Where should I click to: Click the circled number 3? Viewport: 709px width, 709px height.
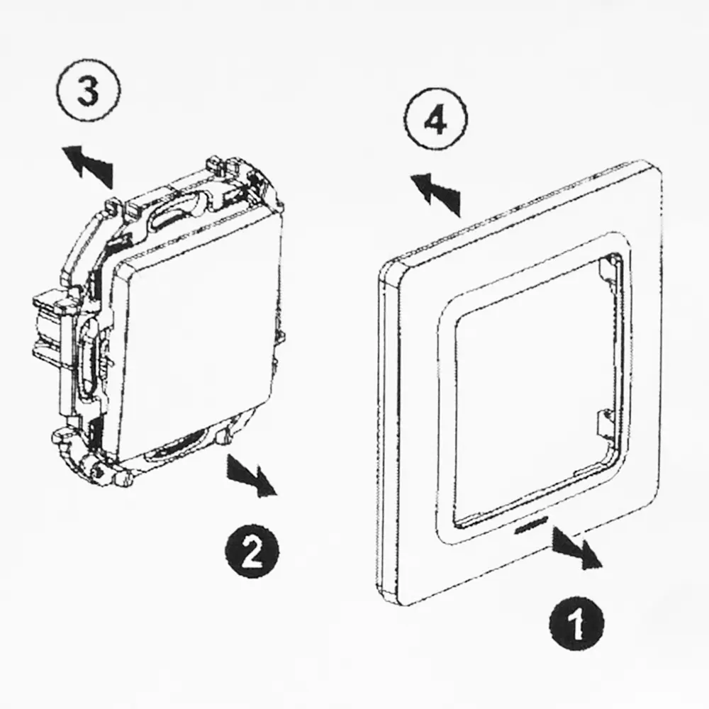[89, 91]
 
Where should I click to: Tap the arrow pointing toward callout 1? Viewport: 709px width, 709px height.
[577, 547]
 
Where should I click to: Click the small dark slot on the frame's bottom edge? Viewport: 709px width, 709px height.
[531, 527]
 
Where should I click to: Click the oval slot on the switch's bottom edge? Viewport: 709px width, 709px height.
[177, 445]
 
